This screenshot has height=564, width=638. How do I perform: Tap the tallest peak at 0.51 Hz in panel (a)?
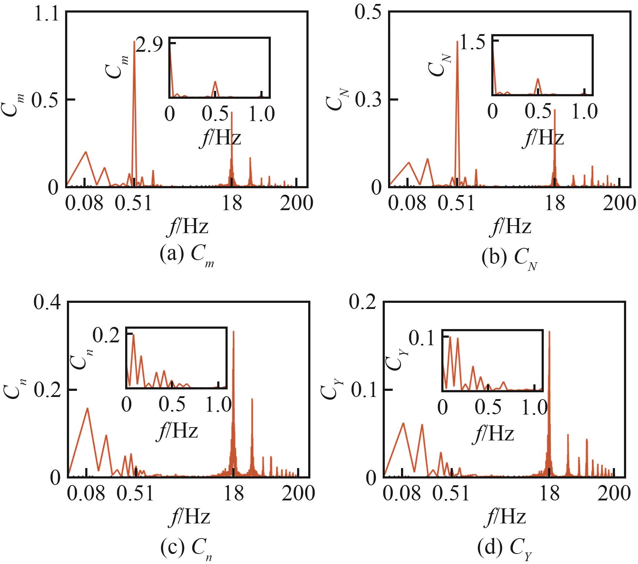tap(134, 42)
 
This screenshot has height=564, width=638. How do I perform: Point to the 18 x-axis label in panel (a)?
tap(232, 203)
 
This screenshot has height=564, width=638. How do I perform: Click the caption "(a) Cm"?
tap(187, 255)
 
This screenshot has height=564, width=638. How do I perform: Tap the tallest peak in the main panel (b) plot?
tap(457, 42)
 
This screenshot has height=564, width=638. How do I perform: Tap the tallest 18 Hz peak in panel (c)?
tap(234, 332)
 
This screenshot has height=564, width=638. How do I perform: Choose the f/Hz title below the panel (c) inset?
tap(177, 430)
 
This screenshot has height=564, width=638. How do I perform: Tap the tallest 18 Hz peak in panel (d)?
tap(549, 332)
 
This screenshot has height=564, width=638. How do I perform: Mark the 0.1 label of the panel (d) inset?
tap(423, 339)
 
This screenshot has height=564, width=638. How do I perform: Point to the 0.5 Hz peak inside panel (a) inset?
tap(215, 82)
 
